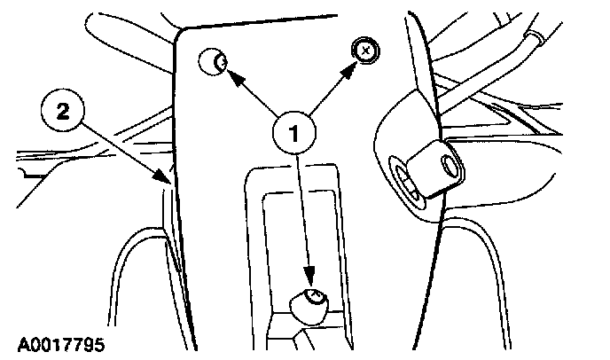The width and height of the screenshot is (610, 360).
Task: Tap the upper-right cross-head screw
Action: pyautogui.click(x=364, y=51)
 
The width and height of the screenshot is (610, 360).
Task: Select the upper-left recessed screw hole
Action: pyautogui.click(x=212, y=61)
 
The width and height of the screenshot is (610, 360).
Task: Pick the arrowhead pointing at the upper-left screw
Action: pyautogui.click(x=233, y=77)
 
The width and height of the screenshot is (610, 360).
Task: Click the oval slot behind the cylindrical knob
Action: pyautogui.click(x=407, y=181)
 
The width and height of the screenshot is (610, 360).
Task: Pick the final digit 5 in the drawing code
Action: pyautogui.click(x=108, y=340)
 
